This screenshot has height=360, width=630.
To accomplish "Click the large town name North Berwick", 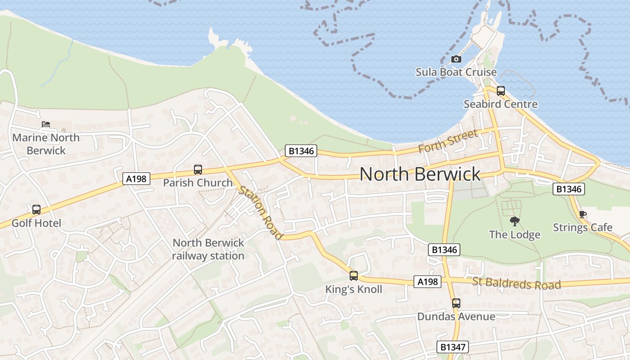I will (420, 174).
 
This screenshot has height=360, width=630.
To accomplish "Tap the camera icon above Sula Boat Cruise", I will (456, 59).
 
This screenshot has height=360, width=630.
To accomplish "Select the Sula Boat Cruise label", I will (456, 72).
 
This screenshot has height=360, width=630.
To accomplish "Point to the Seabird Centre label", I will (500, 104).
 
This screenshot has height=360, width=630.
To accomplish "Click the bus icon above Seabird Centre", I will (501, 91).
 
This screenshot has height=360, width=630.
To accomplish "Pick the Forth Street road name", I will (448, 141).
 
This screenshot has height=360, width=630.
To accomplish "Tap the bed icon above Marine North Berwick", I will (46, 124).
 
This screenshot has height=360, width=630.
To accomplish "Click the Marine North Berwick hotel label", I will (46, 144).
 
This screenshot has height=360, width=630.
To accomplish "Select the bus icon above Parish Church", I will (198, 170).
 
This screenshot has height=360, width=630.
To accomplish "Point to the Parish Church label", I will (198, 183).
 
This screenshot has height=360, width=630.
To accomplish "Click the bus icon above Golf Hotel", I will (36, 210).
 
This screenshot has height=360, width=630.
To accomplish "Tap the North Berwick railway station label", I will (208, 249).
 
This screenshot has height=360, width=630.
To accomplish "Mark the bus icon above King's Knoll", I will (354, 276).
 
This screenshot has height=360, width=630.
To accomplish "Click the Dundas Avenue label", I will (456, 316).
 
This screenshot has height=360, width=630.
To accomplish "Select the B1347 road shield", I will (453, 347).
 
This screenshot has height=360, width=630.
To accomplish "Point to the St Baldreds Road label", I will (517, 284).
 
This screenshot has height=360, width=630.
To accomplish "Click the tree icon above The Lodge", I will (514, 221).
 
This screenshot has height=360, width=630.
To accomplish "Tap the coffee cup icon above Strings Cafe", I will (583, 214).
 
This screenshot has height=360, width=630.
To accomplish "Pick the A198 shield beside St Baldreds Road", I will (427, 282).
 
